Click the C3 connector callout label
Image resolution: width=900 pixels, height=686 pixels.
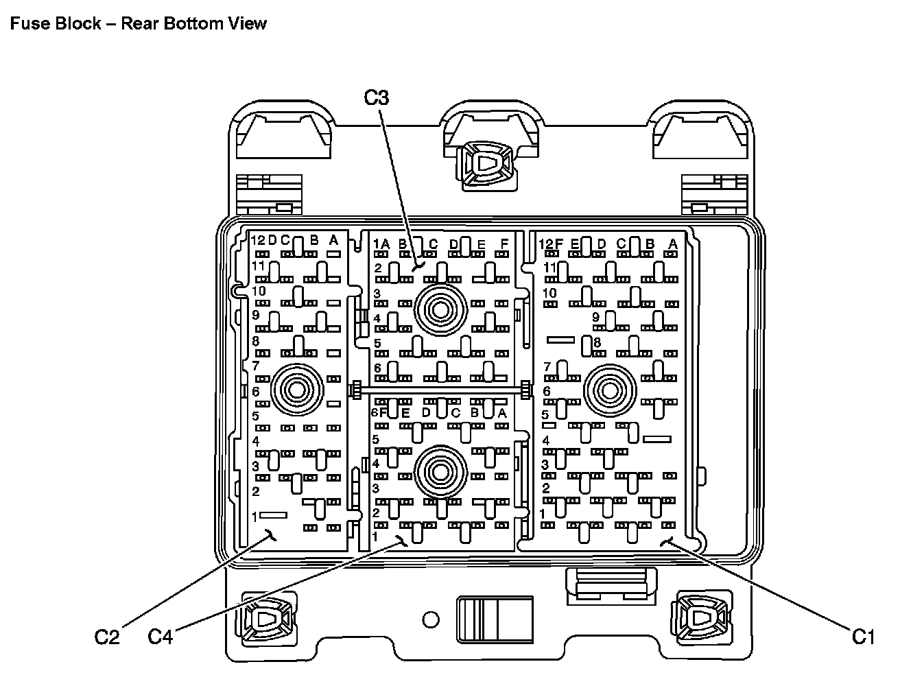[376, 98]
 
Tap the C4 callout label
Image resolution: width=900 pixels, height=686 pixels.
[161, 637]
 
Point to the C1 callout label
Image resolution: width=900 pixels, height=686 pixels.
[864, 637]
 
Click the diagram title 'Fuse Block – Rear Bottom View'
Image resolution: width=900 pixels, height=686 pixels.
[137, 23]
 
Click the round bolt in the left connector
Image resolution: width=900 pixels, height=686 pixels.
[298, 390]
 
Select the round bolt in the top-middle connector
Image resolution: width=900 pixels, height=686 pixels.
[440, 310]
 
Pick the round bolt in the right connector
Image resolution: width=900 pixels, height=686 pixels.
[608, 390]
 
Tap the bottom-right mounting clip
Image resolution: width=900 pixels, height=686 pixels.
[701, 619]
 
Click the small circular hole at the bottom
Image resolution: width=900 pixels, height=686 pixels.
[430, 620]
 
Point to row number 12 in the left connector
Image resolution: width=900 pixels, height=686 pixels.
[258, 241]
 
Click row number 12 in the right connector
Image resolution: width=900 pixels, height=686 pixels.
[546, 244]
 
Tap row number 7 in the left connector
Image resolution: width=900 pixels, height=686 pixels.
[256, 366]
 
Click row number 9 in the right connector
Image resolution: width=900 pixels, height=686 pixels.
[595, 317]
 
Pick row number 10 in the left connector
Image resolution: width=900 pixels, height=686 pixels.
[258, 291]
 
